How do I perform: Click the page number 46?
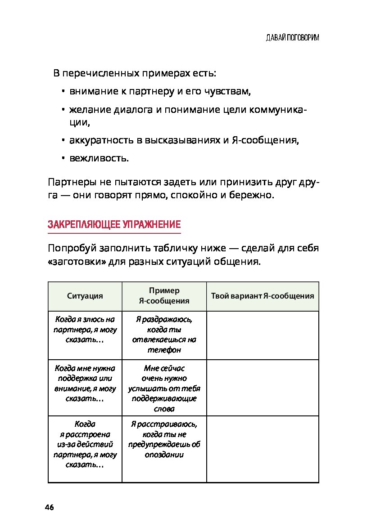pyautogui.click(x=49, y=508)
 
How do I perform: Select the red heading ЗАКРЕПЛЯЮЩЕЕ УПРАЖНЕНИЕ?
pyautogui.click(x=114, y=225)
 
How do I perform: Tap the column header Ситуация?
pyautogui.click(x=85, y=296)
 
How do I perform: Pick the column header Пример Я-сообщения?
pyautogui.click(x=164, y=296)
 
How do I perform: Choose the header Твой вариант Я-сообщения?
pyautogui.click(x=263, y=296)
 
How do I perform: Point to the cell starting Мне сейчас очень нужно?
pyautogui.click(x=164, y=388)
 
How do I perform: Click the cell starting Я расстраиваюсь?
pyautogui.click(x=164, y=439)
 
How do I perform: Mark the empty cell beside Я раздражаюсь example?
pyautogui.click(x=263, y=335)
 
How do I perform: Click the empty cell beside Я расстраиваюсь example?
pyautogui.click(x=263, y=449)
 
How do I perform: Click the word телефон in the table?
pyautogui.click(x=164, y=349)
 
